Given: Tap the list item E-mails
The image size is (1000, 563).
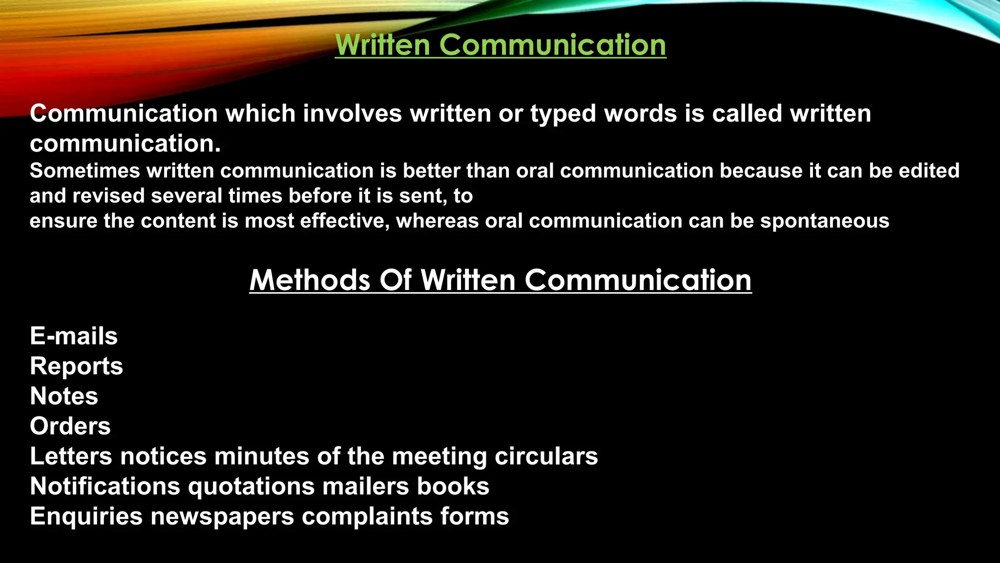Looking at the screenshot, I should [x=74, y=336].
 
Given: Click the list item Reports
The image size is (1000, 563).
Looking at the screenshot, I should [x=76, y=367].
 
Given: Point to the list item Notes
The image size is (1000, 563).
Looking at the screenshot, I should [x=64, y=396].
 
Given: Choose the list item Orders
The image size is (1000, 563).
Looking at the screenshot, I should [x=70, y=426].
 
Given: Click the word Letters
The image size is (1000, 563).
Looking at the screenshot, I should [x=71, y=456].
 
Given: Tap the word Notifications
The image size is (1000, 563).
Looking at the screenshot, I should [x=105, y=486].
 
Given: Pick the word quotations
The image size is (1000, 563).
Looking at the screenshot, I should [x=251, y=487].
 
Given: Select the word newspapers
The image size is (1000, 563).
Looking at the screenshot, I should [x=222, y=517].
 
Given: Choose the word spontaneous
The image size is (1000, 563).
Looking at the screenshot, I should [x=825, y=221].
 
